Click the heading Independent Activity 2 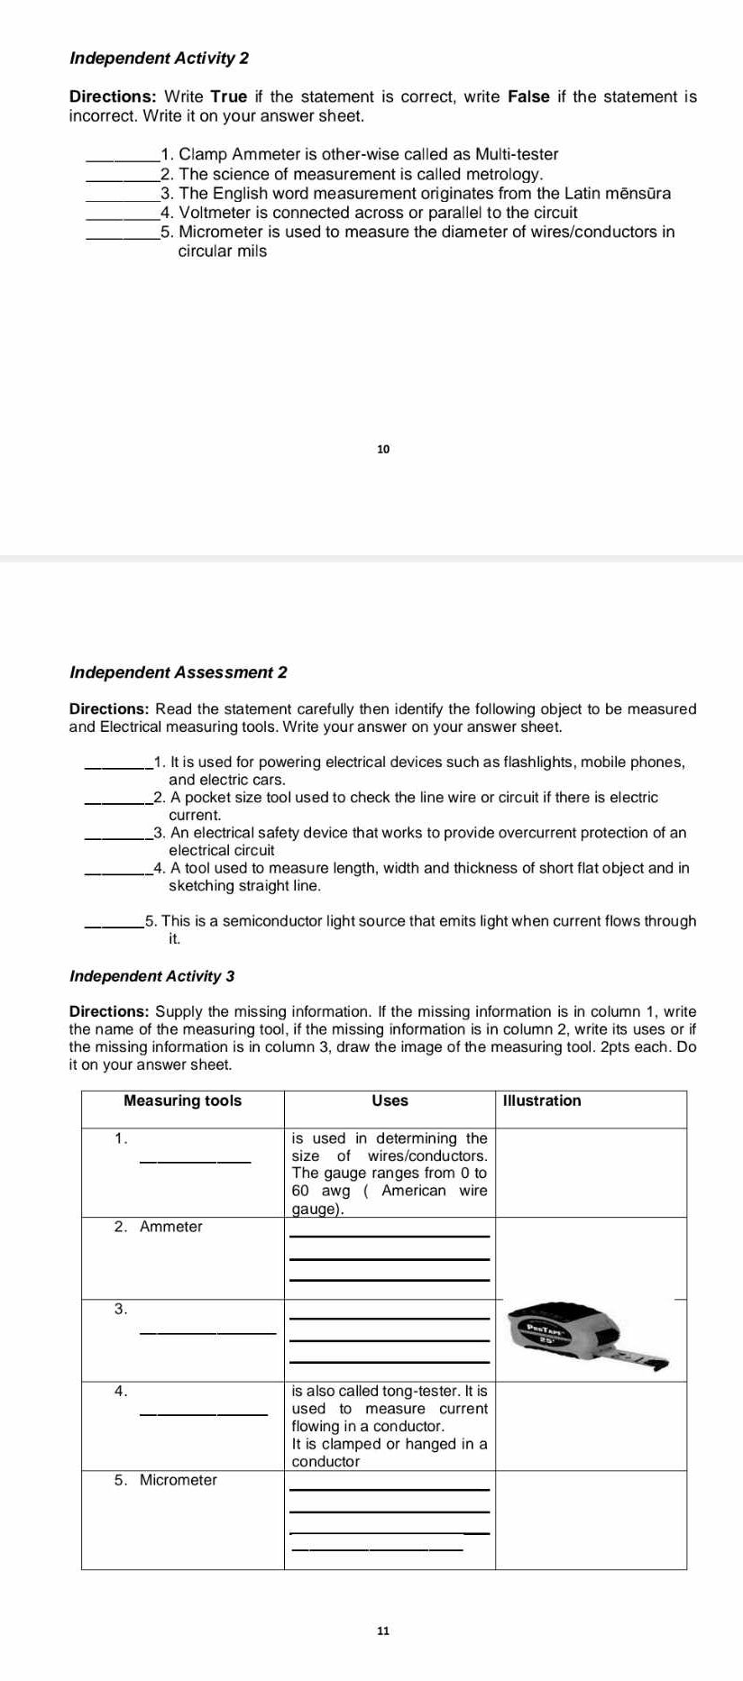[x=160, y=59]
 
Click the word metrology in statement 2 [x=503, y=174]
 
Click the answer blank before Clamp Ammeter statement [x=121, y=156]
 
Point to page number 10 [x=383, y=449]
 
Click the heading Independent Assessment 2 [x=179, y=672]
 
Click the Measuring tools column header [x=182, y=1101]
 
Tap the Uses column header [x=390, y=1101]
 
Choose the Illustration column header [x=541, y=1101]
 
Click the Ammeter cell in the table [x=170, y=1227]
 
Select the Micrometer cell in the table [x=178, y=1480]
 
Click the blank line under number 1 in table [x=195, y=1160]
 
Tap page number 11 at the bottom [x=383, y=1631]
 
